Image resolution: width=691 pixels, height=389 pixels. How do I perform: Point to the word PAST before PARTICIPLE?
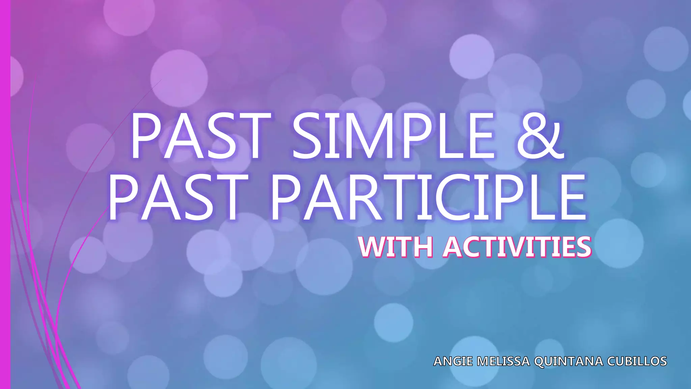click(175, 198)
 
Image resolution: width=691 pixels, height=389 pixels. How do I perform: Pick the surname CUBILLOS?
click(637, 361)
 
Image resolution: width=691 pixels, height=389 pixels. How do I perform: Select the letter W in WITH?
click(372, 247)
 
